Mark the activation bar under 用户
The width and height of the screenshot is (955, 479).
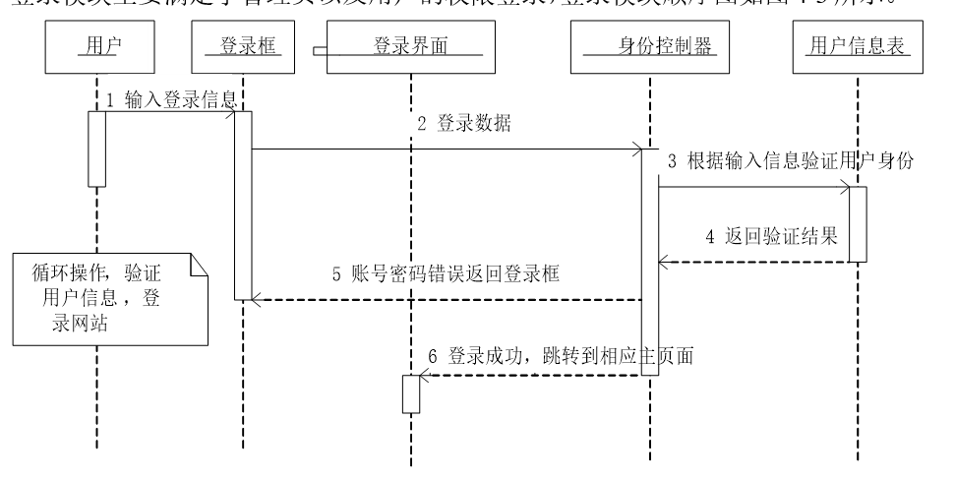(x=97, y=148)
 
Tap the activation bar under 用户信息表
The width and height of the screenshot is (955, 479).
(x=858, y=224)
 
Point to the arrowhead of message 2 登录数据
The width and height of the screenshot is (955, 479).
(x=637, y=150)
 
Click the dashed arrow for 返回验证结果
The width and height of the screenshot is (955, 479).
(x=753, y=262)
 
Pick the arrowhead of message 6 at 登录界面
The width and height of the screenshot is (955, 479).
(x=425, y=376)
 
